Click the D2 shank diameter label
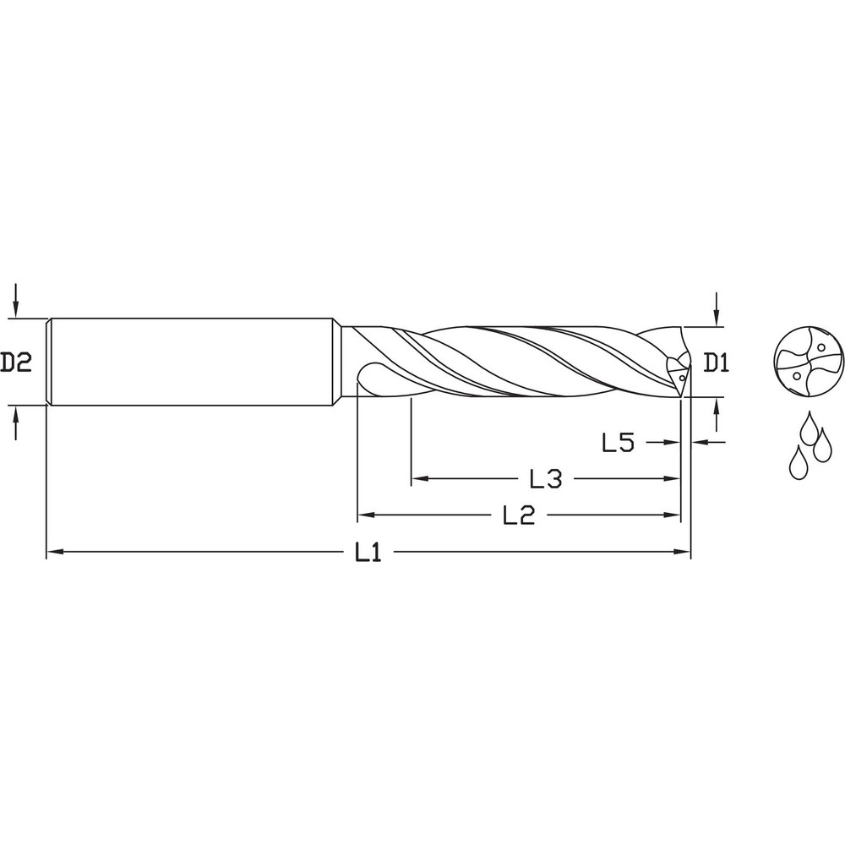coord(16,363)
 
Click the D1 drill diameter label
coord(717,363)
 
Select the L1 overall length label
coord(368,553)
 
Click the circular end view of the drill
coord(809,363)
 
